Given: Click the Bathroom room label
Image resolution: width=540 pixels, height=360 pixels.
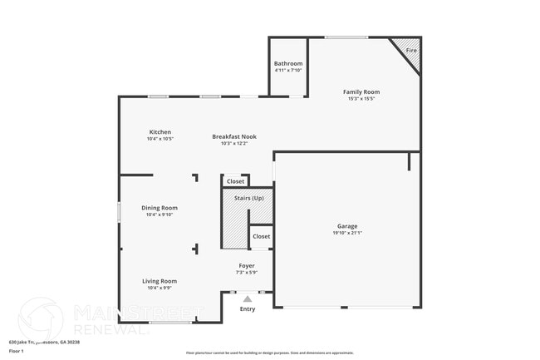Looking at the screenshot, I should coord(288,64).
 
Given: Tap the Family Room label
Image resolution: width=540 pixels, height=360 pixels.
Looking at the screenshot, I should coord(361,92).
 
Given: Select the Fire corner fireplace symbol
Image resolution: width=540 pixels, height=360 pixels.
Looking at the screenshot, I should coord(409,50).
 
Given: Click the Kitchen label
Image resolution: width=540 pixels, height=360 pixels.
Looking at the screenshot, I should coord(160,132).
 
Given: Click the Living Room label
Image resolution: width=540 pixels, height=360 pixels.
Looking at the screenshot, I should coord(160,281).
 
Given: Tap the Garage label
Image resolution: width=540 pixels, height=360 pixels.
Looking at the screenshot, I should coord(346,226).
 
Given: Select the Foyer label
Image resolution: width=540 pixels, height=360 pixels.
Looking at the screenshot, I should coord(247,266).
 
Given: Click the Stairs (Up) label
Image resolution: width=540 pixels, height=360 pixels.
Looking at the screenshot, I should coord(248,198).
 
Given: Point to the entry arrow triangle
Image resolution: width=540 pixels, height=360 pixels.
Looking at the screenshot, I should coord(247,299).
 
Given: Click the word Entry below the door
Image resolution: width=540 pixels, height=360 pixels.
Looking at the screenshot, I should coord(248,309).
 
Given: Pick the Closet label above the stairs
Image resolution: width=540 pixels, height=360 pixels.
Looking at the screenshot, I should coord(236,181).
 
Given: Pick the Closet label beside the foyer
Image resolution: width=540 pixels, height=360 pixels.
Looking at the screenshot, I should coord(261,236).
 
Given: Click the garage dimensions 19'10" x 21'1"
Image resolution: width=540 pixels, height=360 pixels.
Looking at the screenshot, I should coord(346,233).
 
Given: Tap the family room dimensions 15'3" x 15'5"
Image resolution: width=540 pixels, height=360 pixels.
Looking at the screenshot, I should coord(361,99).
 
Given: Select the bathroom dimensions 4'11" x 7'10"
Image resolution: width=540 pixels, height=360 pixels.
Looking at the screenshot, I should coord(288,71).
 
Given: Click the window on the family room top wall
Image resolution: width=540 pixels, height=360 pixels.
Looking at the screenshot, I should coord(346,37).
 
